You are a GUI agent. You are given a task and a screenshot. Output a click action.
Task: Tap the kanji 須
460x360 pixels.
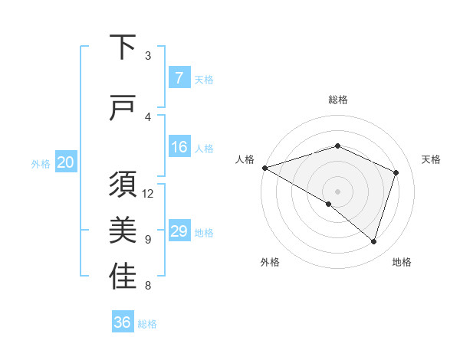pos(123,185)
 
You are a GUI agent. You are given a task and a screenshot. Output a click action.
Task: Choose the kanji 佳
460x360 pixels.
pos(123,277)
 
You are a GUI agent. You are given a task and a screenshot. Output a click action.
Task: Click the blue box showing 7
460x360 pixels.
pos(179,78)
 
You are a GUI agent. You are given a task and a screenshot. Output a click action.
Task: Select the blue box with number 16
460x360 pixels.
pos(179,147)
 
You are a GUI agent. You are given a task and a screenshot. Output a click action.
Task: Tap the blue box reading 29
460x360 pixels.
pos(179,231)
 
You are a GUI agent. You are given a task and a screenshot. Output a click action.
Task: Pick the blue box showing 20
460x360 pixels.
pos(66,162)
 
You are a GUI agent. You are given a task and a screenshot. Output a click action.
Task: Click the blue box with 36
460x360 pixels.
pos(123,322)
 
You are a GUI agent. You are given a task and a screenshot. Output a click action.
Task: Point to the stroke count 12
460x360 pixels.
pos(148,194)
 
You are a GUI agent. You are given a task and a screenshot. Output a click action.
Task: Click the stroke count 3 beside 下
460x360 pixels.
pos(148,56)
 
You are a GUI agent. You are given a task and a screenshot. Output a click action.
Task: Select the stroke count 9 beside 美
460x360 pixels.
pos(148,240)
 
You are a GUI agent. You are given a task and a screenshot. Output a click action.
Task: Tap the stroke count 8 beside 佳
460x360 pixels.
pos(148,286)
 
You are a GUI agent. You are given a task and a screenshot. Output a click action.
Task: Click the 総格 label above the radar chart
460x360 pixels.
pos(337,100)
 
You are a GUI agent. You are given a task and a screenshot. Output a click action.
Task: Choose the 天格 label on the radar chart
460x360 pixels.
pos(431,159)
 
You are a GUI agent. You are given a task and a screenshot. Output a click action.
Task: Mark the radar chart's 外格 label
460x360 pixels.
pos(270,262)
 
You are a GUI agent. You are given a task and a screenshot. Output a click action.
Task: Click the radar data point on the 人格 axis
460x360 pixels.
pos(264,168)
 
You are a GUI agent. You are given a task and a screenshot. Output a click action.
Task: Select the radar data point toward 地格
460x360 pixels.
pos(373,241)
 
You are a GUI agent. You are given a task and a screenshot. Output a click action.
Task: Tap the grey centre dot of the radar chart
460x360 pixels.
pos(337,191)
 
